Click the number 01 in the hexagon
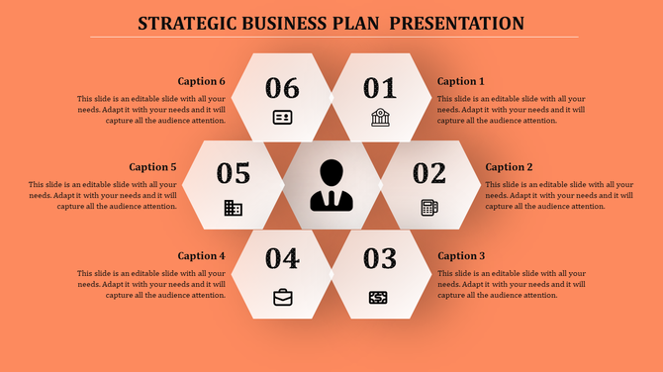pos(380,87)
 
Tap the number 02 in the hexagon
pos(429,173)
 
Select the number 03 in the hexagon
pos(380,259)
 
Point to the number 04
pos(282,259)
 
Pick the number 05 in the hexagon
pos(234,173)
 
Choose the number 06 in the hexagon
pos(282,87)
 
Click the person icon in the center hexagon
pos(331,185)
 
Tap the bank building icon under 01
pos(380,118)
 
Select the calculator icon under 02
pos(429,207)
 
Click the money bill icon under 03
pos(378,297)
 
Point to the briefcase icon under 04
pos(283,297)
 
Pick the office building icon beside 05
pos(234,207)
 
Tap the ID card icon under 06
pos(283,118)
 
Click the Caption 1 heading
pos(461,81)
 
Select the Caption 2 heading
pos(510,167)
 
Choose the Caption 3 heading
pos(461,255)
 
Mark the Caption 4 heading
pos(202,255)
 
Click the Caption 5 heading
pos(152,167)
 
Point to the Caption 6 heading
pos(202,81)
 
